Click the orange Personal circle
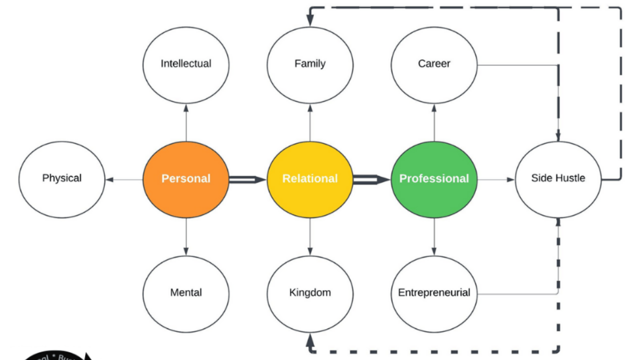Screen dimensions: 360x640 pos(186,179)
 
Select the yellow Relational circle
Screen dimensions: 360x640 pos(310,179)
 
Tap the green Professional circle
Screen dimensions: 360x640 pos(434,179)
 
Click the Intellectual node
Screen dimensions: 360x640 pos(186,64)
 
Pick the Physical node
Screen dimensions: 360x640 pos(62,179)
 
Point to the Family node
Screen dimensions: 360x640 pos(310,64)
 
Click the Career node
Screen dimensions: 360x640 pos(434,64)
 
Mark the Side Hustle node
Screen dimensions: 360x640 pos(558,179)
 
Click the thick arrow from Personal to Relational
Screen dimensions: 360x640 pos(247,179)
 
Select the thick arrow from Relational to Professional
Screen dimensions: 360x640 pos(371,179)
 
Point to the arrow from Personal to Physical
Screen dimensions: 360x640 pos(124,179)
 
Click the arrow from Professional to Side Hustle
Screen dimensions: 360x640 pos(496,179)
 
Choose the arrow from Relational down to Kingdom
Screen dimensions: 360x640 pos(310,236)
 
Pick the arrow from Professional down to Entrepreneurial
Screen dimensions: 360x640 pos(434,236)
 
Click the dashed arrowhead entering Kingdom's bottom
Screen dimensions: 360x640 pos(310,340)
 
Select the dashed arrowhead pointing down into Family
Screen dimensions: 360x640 pos(310,20)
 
